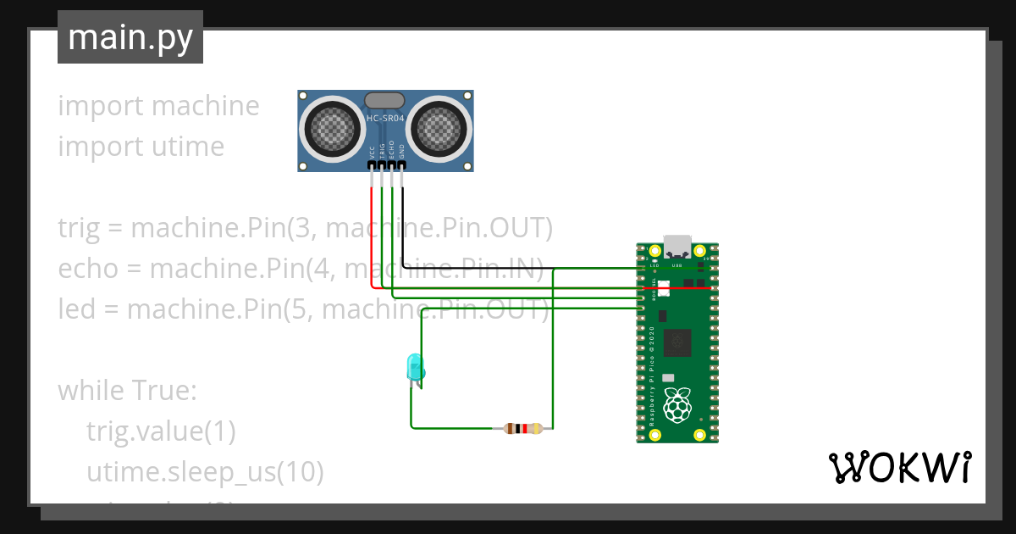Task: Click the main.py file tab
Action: tap(130, 37)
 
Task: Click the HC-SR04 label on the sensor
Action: tap(386, 120)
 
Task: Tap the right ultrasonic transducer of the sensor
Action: tap(439, 129)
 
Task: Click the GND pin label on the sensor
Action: tap(402, 151)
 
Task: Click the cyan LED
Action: tap(415, 367)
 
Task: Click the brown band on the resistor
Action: tap(511, 429)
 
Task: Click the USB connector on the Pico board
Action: tap(677, 246)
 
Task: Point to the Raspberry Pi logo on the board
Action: tap(676, 405)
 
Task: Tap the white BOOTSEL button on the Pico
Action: tap(663, 289)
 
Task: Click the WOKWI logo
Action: tap(898, 468)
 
